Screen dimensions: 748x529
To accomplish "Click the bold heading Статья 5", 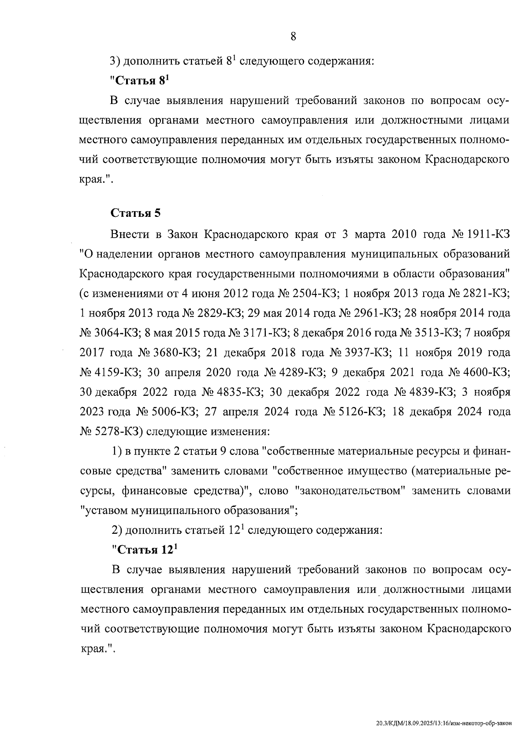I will pos(135,213).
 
